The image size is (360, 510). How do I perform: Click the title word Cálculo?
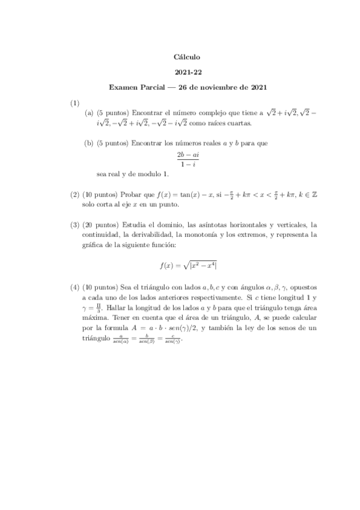186,57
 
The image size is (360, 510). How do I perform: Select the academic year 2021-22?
186,72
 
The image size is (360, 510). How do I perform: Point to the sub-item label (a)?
89,112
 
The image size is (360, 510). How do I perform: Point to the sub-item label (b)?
89,144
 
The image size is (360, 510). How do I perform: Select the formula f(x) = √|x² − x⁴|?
187,265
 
